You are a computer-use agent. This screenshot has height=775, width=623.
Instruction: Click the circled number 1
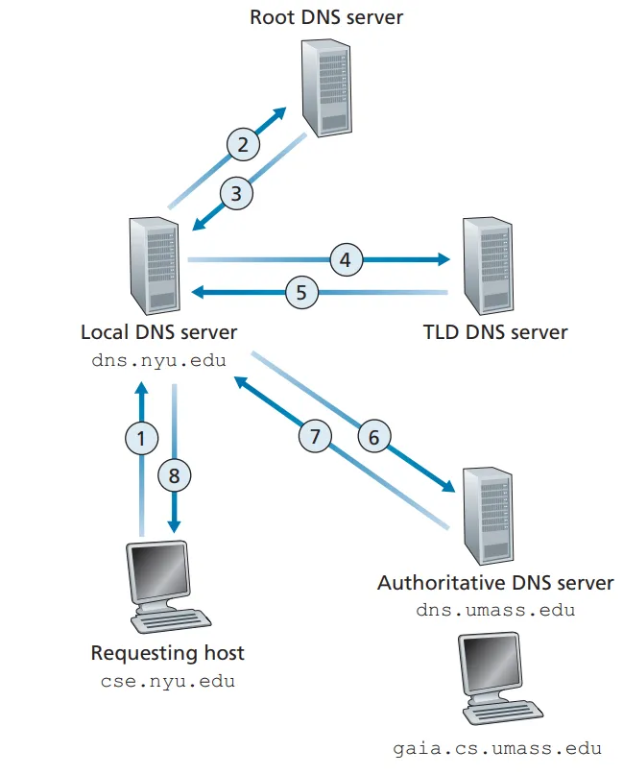[x=142, y=439]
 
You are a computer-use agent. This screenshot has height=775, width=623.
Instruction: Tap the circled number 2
[x=243, y=145]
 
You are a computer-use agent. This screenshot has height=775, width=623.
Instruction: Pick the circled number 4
[x=346, y=258]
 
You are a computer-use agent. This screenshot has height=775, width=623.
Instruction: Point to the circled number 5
[x=301, y=292]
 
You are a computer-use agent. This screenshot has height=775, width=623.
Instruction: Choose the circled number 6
[x=374, y=437]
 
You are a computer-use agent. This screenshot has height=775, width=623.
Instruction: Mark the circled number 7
[x=314, y=437]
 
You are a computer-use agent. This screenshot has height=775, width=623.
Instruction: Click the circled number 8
[x=175, y=473]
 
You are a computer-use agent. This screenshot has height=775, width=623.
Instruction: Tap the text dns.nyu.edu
[x=158, y=361]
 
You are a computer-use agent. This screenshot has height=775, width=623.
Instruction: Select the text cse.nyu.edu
[x=167, y=682]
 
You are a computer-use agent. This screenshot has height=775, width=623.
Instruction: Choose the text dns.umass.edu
[x=495, y=610]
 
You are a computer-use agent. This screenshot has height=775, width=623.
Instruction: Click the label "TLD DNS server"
[x=495, y=333]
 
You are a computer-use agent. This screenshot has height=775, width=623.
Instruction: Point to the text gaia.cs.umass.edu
[x=497, y=748]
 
